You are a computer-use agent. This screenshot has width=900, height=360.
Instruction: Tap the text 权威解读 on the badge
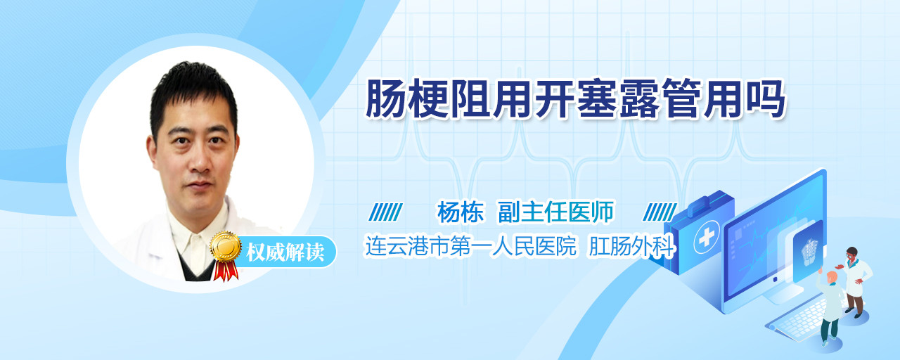(285, 252)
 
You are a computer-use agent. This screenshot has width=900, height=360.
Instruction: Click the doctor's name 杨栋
(461, 212)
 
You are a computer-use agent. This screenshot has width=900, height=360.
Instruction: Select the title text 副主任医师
(555, 212)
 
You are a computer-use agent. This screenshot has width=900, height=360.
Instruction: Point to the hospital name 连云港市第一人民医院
(470, 246)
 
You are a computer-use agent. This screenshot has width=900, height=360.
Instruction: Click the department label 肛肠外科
(631, 246)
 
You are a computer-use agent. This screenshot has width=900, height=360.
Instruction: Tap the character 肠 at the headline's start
(387, 98)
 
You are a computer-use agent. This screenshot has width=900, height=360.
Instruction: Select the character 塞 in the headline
(598, 98)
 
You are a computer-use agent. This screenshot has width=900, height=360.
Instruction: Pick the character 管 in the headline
(682, 98)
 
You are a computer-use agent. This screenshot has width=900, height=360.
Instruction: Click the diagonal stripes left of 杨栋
(386, 212)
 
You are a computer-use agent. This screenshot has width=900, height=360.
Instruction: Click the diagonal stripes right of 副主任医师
(660, 212)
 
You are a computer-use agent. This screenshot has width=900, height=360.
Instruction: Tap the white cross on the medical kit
(707, 237)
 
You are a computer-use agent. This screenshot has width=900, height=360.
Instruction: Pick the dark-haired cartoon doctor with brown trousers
(855, 281)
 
